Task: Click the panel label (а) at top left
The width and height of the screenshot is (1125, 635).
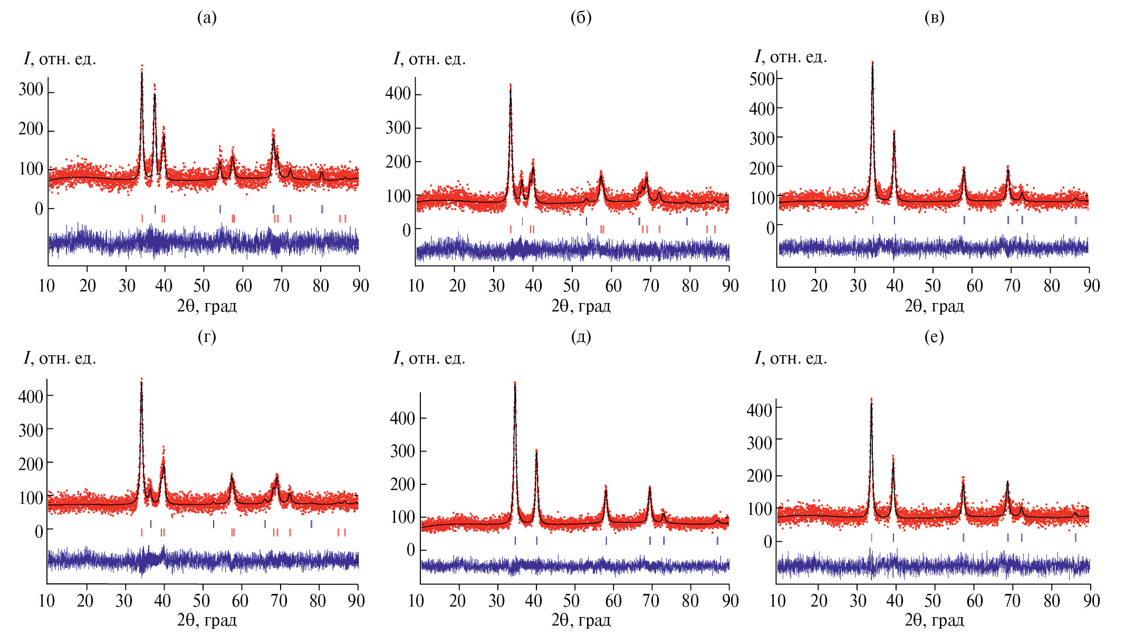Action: [207, 18]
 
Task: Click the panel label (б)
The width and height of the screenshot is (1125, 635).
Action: [581, 18]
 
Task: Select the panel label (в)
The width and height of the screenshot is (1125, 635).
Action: [934, 18]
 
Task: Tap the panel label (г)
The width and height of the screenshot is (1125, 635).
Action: [207, 336]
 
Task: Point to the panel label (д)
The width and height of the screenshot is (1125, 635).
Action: [581, 336]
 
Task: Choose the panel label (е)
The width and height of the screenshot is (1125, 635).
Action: [934, 336]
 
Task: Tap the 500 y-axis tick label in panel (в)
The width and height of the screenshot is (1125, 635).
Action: [762, 79]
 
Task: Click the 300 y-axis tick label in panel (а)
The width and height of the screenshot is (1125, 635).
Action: [31, 90]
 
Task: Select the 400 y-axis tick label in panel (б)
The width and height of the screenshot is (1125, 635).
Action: [398, 94]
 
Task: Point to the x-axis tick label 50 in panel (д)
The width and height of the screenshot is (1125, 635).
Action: [571, 600]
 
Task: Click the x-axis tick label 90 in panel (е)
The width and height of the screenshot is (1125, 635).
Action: [1091, 600]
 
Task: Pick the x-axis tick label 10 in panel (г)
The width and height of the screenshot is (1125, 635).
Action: [46, 600]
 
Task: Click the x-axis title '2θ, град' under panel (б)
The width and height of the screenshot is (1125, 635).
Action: [581, 306]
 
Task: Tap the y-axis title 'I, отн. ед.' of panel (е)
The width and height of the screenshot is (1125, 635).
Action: [790, 358]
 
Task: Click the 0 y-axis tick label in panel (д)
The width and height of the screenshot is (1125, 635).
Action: [410, 550]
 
